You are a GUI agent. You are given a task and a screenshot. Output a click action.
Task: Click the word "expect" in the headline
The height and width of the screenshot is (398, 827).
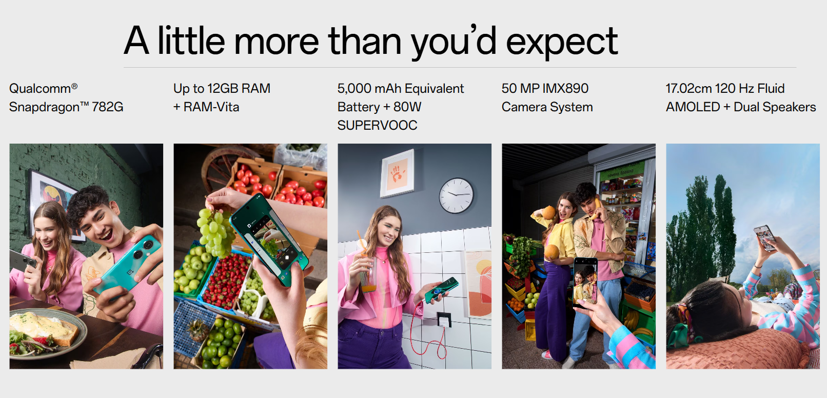click(x=562, y=42)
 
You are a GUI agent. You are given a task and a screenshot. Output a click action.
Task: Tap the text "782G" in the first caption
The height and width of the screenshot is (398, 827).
click(x=107, y=107)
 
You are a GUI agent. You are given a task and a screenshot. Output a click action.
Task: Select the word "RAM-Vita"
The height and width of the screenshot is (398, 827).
click(x=211, y=107)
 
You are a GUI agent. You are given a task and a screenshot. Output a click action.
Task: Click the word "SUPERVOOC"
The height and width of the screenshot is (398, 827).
click(x=377, y=126)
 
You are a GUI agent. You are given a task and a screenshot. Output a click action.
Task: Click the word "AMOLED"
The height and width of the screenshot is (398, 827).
click(x=693, y=107)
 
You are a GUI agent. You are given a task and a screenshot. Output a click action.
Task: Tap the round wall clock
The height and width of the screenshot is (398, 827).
click(x=456, y=196)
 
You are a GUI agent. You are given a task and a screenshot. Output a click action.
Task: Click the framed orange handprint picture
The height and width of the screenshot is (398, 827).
click(x=397, y=173)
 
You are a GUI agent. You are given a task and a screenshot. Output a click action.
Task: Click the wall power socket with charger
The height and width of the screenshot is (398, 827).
click(x=444, y=320)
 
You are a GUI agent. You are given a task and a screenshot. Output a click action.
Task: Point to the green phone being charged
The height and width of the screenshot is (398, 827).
click(x=442, y=290)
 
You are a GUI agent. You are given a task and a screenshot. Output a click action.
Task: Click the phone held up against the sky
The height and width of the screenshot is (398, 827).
click(x=765, y=238)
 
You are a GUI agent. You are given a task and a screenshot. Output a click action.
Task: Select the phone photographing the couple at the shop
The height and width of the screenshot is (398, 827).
click(x=585, y=283)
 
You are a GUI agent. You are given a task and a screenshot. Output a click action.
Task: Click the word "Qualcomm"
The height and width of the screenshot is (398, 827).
click(x=40, y=89)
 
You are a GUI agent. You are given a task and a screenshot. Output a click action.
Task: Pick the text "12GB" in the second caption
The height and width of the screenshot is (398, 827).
click(x=223, y=89)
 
